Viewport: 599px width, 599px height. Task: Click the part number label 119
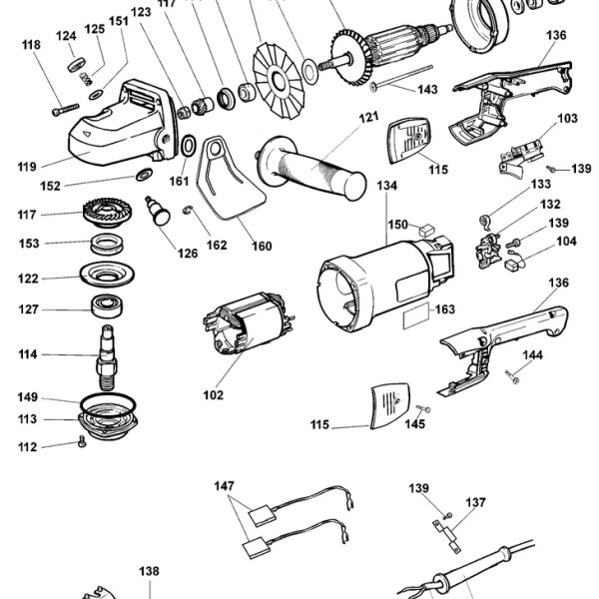[27, 167]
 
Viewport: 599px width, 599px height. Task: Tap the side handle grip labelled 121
[311, 169]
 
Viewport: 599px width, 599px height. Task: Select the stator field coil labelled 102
[248, 323]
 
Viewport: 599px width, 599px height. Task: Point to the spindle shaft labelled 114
[107, 357]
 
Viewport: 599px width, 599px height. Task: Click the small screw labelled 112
[82, 441]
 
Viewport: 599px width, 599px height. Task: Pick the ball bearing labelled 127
[107, 306]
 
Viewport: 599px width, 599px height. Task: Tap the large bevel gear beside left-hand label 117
[108, 213]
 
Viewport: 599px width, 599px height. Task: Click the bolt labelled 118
[65, 110]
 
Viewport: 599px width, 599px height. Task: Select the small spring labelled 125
[86, 79]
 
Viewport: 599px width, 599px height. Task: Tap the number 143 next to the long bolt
[427, 90]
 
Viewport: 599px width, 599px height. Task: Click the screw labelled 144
[512, 376]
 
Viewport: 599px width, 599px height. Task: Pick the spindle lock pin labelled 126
[158, 211]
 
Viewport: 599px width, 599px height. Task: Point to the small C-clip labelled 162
[188, 210]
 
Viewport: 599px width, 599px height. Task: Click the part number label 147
[224, 486]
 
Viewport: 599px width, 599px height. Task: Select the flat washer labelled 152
[144, 175]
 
